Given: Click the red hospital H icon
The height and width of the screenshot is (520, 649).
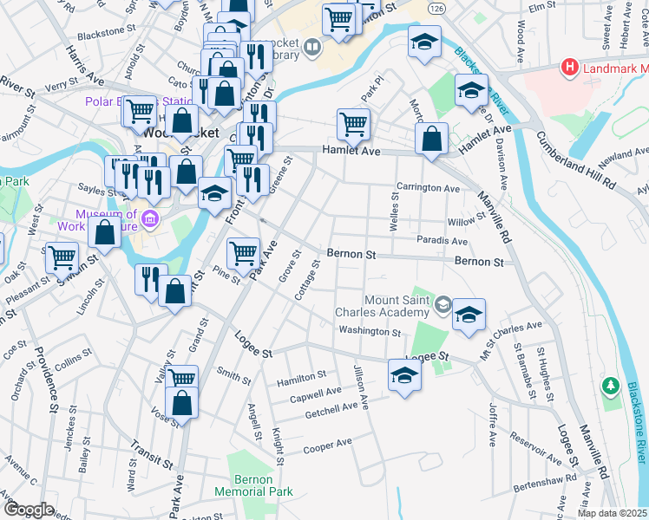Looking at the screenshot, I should (570, 66).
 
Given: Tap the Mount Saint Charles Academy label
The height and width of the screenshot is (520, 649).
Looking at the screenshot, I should (385, 307).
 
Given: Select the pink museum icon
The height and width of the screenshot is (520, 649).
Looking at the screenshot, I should (151, 219).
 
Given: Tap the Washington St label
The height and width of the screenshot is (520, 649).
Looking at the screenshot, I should (370, 331).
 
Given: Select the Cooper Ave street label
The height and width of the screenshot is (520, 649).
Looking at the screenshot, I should (327, 445).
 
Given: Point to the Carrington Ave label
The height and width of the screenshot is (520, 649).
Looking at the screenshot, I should (428, 187).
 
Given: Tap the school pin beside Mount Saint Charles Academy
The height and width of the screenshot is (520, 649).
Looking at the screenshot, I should (469, 315).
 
